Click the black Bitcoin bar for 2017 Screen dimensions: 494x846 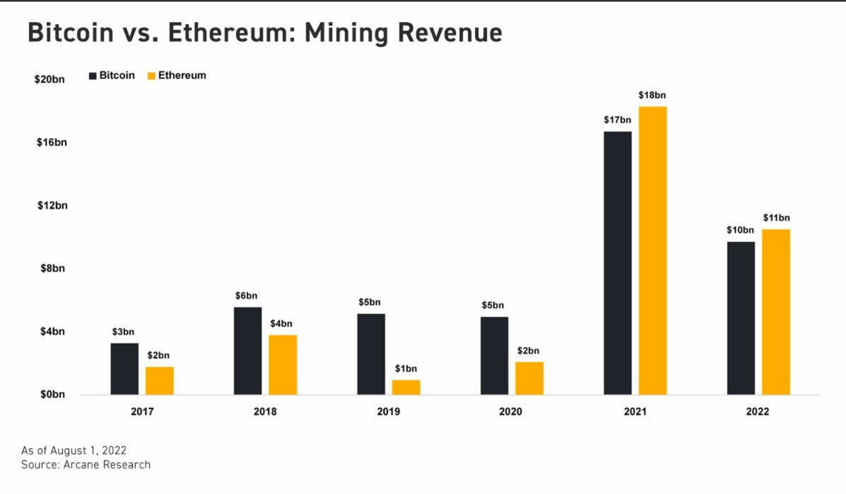coord(124,369)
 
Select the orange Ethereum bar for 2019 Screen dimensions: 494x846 coord(406,387)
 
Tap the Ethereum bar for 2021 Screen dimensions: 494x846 coord(653,250)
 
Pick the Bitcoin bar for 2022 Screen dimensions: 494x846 coord(741,318)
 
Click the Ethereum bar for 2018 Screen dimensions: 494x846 coord(283,365)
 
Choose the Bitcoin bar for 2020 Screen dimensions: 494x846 coord(494,356)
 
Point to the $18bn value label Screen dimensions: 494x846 coord(652,95)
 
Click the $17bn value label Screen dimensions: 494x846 coord(617,120)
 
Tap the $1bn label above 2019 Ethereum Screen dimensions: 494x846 coord(406,369)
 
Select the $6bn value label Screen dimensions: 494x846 coord(247,296)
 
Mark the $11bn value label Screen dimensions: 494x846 coord(776,218)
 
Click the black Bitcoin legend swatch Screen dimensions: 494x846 coord(93,76)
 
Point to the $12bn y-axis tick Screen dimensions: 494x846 coord(53,205)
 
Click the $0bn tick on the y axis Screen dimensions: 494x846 coord(53,394)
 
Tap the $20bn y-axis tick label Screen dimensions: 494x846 coord(50,79)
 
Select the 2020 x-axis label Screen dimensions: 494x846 coord(510,411)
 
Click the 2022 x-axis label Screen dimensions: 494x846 coord(757,411)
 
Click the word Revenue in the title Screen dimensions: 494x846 coord(450,33)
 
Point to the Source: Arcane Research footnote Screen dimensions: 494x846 coord(86,465)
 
